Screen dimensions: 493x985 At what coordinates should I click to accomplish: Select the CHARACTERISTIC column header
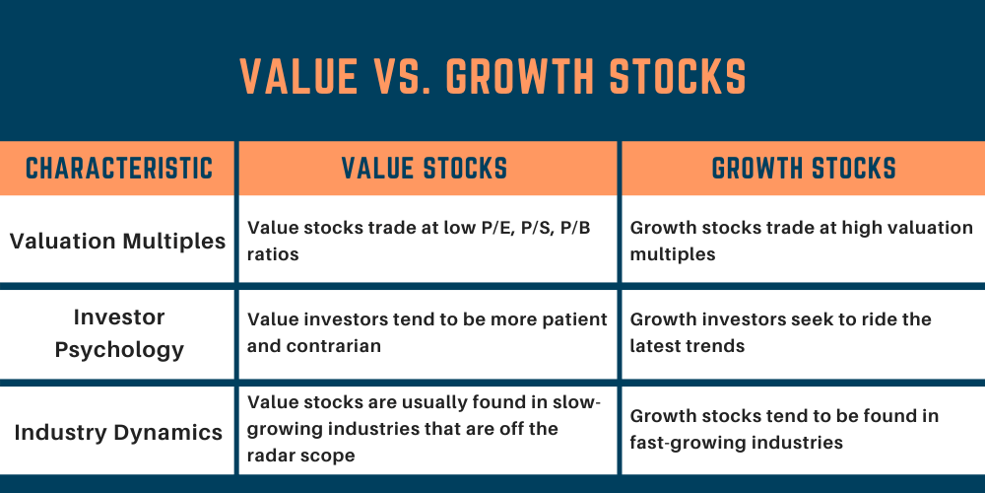tap(119, 169)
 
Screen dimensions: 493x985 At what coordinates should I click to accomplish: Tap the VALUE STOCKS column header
tap(425, 169)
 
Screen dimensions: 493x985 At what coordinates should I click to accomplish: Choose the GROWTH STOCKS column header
tap(804, 169)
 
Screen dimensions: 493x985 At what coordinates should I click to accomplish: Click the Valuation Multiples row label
tap(118, 241)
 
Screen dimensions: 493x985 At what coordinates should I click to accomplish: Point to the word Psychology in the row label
tap(118, 350)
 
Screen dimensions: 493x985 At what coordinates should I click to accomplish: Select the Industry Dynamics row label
tap(118, 431)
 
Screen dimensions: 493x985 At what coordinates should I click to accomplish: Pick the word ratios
tap(273, 254)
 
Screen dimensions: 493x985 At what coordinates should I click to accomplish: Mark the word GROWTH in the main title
tap(532, 77)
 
